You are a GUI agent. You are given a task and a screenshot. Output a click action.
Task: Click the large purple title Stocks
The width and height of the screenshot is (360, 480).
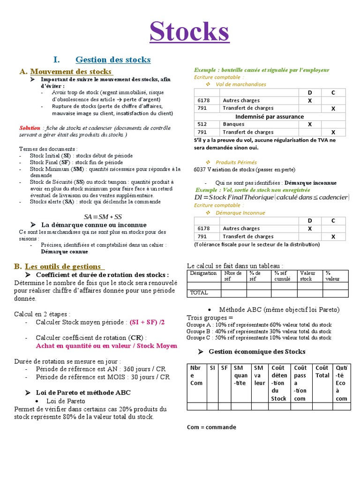coord(189,32)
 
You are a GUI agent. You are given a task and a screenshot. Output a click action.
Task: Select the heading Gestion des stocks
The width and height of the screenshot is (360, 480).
coord(113,60)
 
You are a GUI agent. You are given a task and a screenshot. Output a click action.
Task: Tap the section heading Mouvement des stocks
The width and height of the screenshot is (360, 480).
coord(71,71)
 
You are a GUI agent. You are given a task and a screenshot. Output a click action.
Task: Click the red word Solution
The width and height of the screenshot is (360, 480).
coord(30,127)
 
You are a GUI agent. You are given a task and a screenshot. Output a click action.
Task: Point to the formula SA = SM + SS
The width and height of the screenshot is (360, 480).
coord(103,217)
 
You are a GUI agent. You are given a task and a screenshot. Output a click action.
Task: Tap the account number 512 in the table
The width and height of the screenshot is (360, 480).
coord(202,124)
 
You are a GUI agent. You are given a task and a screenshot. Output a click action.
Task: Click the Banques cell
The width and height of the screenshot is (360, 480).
coord(233,124)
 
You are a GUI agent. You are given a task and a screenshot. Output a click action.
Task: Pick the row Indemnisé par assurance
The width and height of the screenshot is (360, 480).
coord(269,116)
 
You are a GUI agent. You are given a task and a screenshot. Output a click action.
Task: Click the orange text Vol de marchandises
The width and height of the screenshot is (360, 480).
coord(240,84)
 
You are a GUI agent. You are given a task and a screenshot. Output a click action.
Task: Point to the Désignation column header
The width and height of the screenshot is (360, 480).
coord(203,273)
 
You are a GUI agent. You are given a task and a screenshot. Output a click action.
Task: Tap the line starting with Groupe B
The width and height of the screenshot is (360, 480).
coord(259,331)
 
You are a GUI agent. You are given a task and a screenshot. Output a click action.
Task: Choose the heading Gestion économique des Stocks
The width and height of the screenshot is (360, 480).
coord(256,352)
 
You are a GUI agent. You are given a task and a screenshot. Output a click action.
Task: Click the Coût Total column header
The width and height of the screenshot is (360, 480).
coord(322,371)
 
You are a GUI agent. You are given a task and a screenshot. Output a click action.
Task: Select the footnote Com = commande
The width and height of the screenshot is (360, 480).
coord(211,427)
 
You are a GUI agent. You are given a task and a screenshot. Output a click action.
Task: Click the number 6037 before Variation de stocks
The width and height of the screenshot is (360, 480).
coord(200,169)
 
